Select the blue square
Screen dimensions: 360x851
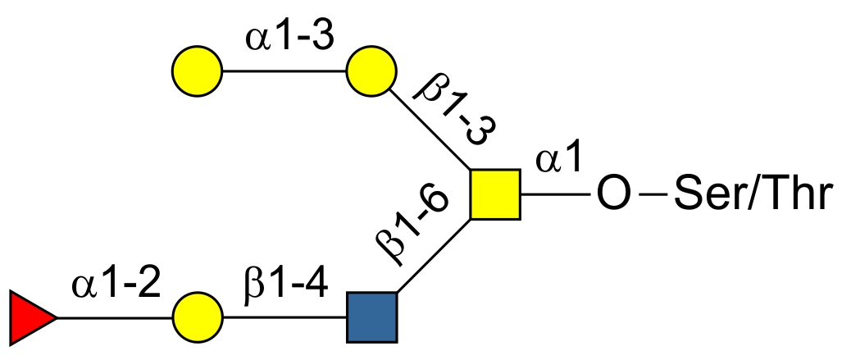(x=371, y=317)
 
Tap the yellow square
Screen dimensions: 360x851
(x=495, y=195)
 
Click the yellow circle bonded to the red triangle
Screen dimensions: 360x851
(x=198, y=317)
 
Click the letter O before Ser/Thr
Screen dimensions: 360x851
(x=614, y=196)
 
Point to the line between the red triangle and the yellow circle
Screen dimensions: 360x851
(x=114, y=317)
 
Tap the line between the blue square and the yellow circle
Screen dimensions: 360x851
(x=284, y=317)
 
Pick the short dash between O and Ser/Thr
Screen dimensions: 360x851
(x=653, y=196)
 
